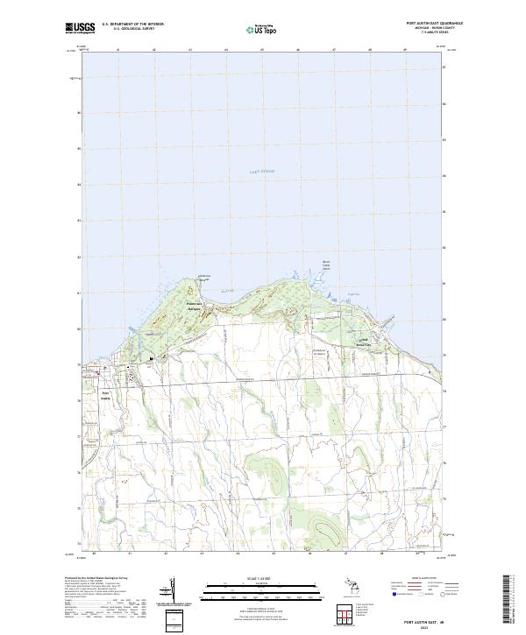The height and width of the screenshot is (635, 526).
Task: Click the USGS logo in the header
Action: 78,28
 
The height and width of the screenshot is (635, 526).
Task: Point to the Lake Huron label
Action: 261,172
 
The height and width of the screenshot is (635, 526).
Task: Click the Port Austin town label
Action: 107,395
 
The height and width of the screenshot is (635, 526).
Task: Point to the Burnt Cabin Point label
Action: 327,263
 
